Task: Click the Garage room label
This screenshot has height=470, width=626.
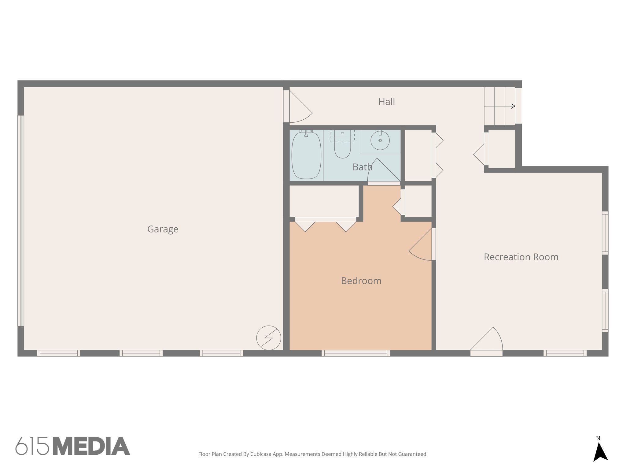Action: (163, 229)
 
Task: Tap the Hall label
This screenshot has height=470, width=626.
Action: (386, 102)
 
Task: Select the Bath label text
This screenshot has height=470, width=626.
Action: (362, 167)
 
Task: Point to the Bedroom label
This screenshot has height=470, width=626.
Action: (361, 281)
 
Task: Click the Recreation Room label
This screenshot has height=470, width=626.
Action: (521, 257)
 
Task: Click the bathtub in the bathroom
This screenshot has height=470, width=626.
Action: (306, 155)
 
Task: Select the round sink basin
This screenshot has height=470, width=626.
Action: (380, 141)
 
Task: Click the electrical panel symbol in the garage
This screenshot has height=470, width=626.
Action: (268, 338)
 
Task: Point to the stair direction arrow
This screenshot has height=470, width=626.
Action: (499, 106)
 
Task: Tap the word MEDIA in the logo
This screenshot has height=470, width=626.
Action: (91, 446)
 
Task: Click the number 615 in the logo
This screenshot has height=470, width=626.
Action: (32, 446)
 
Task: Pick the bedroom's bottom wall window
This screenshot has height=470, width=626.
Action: (355, 353)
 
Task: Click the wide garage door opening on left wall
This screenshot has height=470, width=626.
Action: (21, 220)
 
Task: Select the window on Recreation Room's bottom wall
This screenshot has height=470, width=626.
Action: (565, 353)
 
